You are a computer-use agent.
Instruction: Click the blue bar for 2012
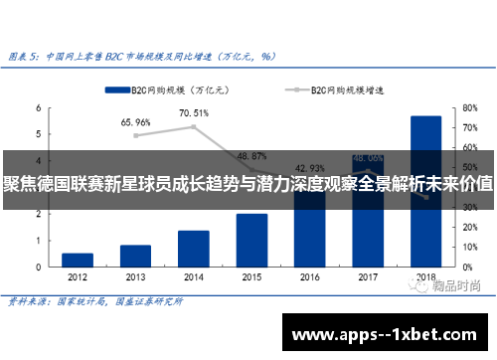[78, 260]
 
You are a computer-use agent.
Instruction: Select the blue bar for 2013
[135, 256]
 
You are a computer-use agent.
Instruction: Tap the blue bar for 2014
[193, 249]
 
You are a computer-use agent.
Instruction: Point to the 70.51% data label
[194, 113]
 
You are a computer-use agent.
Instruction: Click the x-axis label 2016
[310, 278]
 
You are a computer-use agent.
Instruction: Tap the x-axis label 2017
[368, 278]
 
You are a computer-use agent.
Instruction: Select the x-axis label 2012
[78, 278]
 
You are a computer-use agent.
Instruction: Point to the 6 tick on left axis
[38, 107]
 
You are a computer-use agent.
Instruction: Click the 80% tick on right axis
[470, 107]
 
